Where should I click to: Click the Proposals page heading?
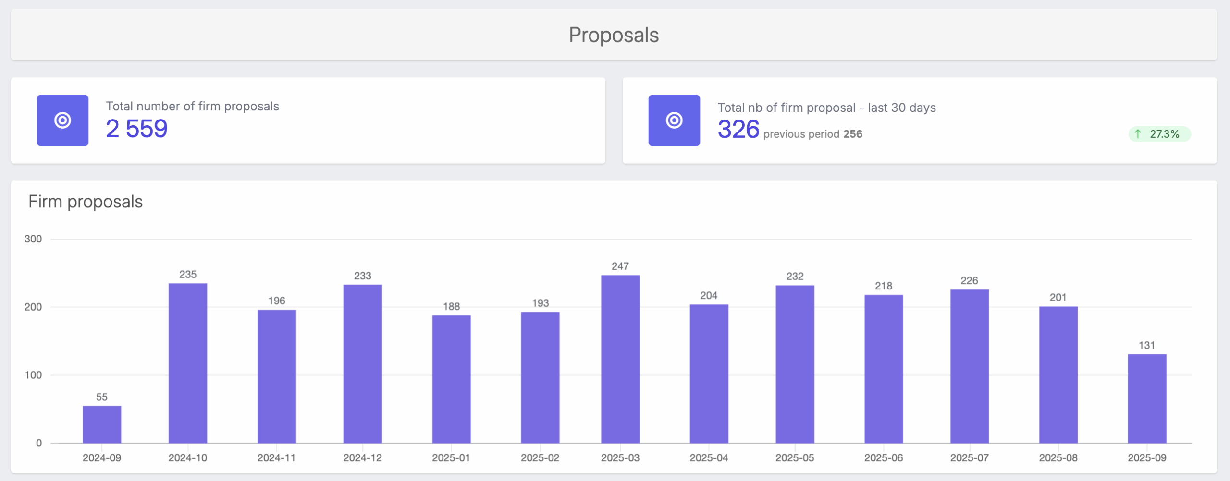614,35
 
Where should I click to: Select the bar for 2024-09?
102,424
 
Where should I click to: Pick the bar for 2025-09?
1147,398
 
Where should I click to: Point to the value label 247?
620,266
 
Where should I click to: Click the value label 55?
102,397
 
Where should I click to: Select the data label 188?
451,306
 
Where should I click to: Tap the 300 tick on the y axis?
33,239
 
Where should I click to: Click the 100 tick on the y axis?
33,375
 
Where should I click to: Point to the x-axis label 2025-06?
883,458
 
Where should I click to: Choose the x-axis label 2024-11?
276,458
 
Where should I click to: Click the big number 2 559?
137,129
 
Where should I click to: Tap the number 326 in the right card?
738,129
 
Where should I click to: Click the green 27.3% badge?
1159,134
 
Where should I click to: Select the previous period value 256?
852,134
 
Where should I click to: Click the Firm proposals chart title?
86,202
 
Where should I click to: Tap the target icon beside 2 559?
62,120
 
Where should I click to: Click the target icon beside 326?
674,120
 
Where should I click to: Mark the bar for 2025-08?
1058,374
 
